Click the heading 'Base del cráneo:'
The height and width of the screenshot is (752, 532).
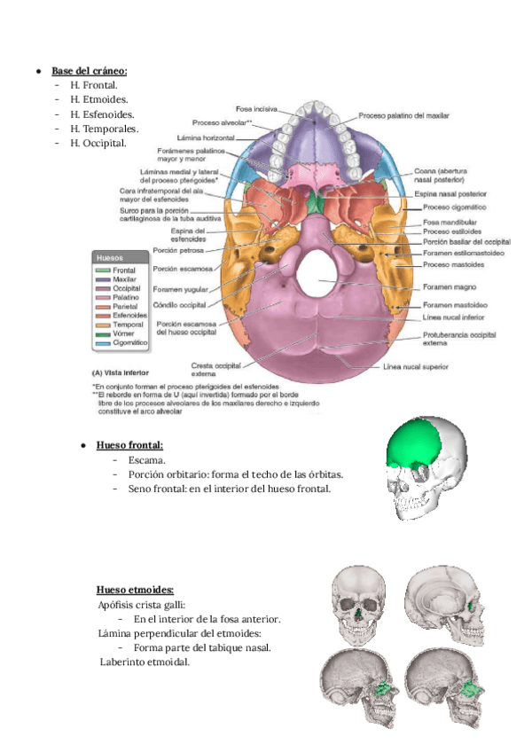tap(89, 70)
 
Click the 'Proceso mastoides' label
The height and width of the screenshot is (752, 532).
tap(453, 264)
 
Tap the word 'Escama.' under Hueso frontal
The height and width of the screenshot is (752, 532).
tap(146, 461)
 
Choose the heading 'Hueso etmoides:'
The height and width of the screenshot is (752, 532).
tap(135, 589)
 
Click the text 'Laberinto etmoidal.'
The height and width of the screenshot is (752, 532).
tap(145, 662)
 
